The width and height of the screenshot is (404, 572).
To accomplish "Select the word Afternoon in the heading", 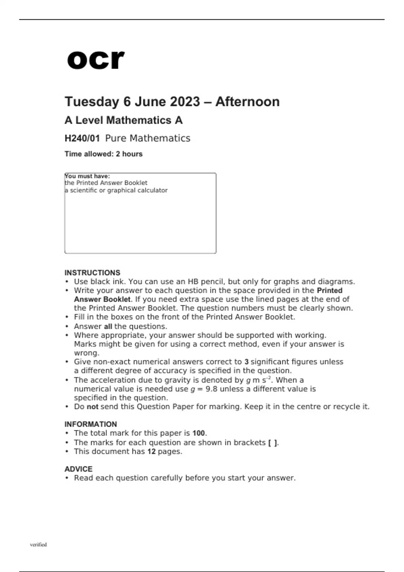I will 247,102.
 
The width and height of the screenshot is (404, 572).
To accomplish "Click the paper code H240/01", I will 82,138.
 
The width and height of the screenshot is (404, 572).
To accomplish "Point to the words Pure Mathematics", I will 147,138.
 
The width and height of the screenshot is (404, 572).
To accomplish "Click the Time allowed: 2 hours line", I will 103,154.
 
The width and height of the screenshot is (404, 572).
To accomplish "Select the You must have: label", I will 88,176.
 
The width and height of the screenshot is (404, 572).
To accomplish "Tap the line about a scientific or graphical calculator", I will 116,190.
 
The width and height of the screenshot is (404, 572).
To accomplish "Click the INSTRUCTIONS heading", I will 92,273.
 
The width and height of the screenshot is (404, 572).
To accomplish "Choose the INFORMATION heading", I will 91,424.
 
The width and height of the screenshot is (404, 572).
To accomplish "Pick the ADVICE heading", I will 78,469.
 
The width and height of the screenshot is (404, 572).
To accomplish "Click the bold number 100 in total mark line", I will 199,433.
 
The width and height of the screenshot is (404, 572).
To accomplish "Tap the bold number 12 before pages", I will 151,452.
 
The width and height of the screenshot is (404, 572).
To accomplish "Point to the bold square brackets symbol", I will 273,443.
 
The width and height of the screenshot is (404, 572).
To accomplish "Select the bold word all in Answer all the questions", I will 108,326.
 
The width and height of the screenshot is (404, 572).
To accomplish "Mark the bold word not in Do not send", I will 92,406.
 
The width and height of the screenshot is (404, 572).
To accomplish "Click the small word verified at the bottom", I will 38,544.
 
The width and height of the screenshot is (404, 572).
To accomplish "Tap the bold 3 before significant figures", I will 246,362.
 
